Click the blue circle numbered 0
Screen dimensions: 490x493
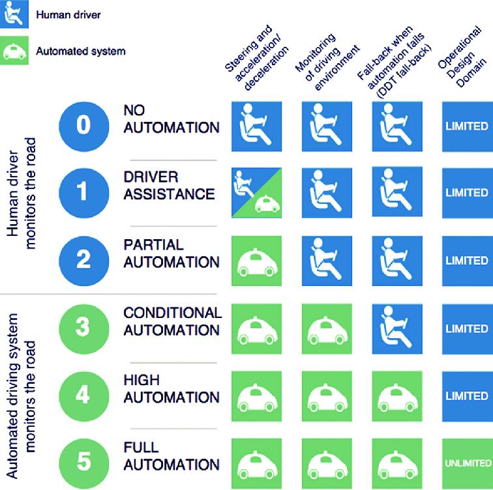pos(84,125)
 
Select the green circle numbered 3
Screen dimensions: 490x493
pos(83,328)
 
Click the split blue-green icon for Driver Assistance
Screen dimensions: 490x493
pos(256,193)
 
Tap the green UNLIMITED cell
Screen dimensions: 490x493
pos(467,463)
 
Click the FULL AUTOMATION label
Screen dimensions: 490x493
pos(171,457)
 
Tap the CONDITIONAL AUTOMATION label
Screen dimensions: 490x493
pos(172,321)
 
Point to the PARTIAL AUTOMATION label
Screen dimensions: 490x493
pos(171,253)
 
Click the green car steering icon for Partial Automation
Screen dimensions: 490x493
pos(256,261)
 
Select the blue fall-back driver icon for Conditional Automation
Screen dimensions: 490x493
pos(398,328)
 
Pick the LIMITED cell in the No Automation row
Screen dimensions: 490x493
pos(467,125)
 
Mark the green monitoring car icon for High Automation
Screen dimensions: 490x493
pos(327,396)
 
